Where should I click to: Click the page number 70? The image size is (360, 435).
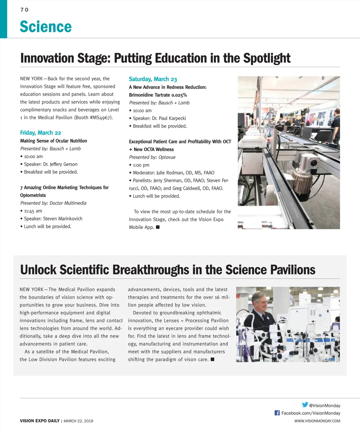point(24,10)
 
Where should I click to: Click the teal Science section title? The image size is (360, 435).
point(46,27)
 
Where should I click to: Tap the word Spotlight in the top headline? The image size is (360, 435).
point(267,58)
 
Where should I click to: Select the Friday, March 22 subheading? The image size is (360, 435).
point(40,133)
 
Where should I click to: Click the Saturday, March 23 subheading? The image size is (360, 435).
point(153,79)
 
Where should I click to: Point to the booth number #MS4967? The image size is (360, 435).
point(100,118)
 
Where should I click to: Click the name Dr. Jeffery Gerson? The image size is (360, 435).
point(60,164)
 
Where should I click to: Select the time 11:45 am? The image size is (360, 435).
point(33,211)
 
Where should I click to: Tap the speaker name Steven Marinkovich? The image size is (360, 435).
point(63,219)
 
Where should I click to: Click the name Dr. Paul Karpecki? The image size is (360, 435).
point(169,118)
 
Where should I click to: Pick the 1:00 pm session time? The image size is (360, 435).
point(141,165)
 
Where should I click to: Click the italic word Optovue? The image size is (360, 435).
point(167,157)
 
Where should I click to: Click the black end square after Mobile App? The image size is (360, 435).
point(158,227)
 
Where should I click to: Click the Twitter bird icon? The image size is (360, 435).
point(305,405)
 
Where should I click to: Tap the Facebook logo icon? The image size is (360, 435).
point(277,413)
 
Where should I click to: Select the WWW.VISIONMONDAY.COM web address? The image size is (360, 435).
point(317,421)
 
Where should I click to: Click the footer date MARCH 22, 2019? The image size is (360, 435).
point(78,421)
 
